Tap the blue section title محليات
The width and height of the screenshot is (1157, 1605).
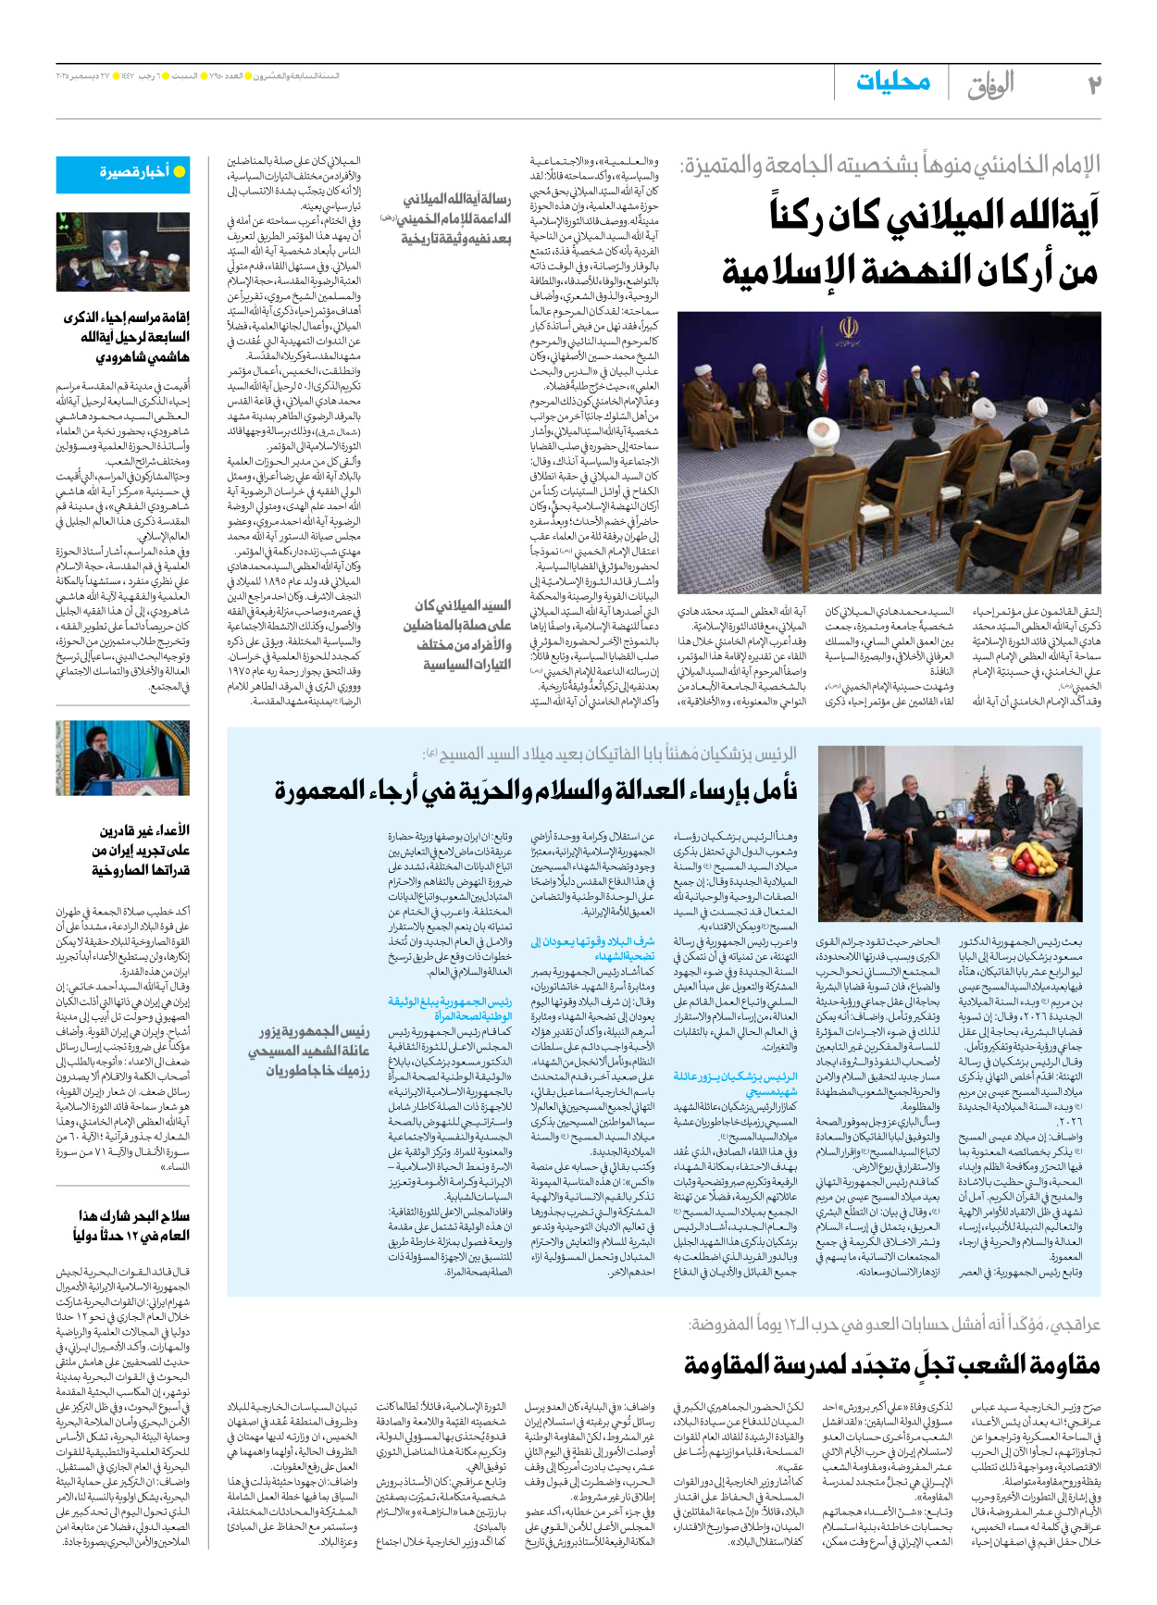click(892, 82)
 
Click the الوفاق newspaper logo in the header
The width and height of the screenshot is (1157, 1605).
click(990, 85)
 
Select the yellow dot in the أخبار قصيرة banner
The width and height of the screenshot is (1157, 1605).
click(180, 172)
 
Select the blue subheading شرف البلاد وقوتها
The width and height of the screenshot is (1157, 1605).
click(592, 949)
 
